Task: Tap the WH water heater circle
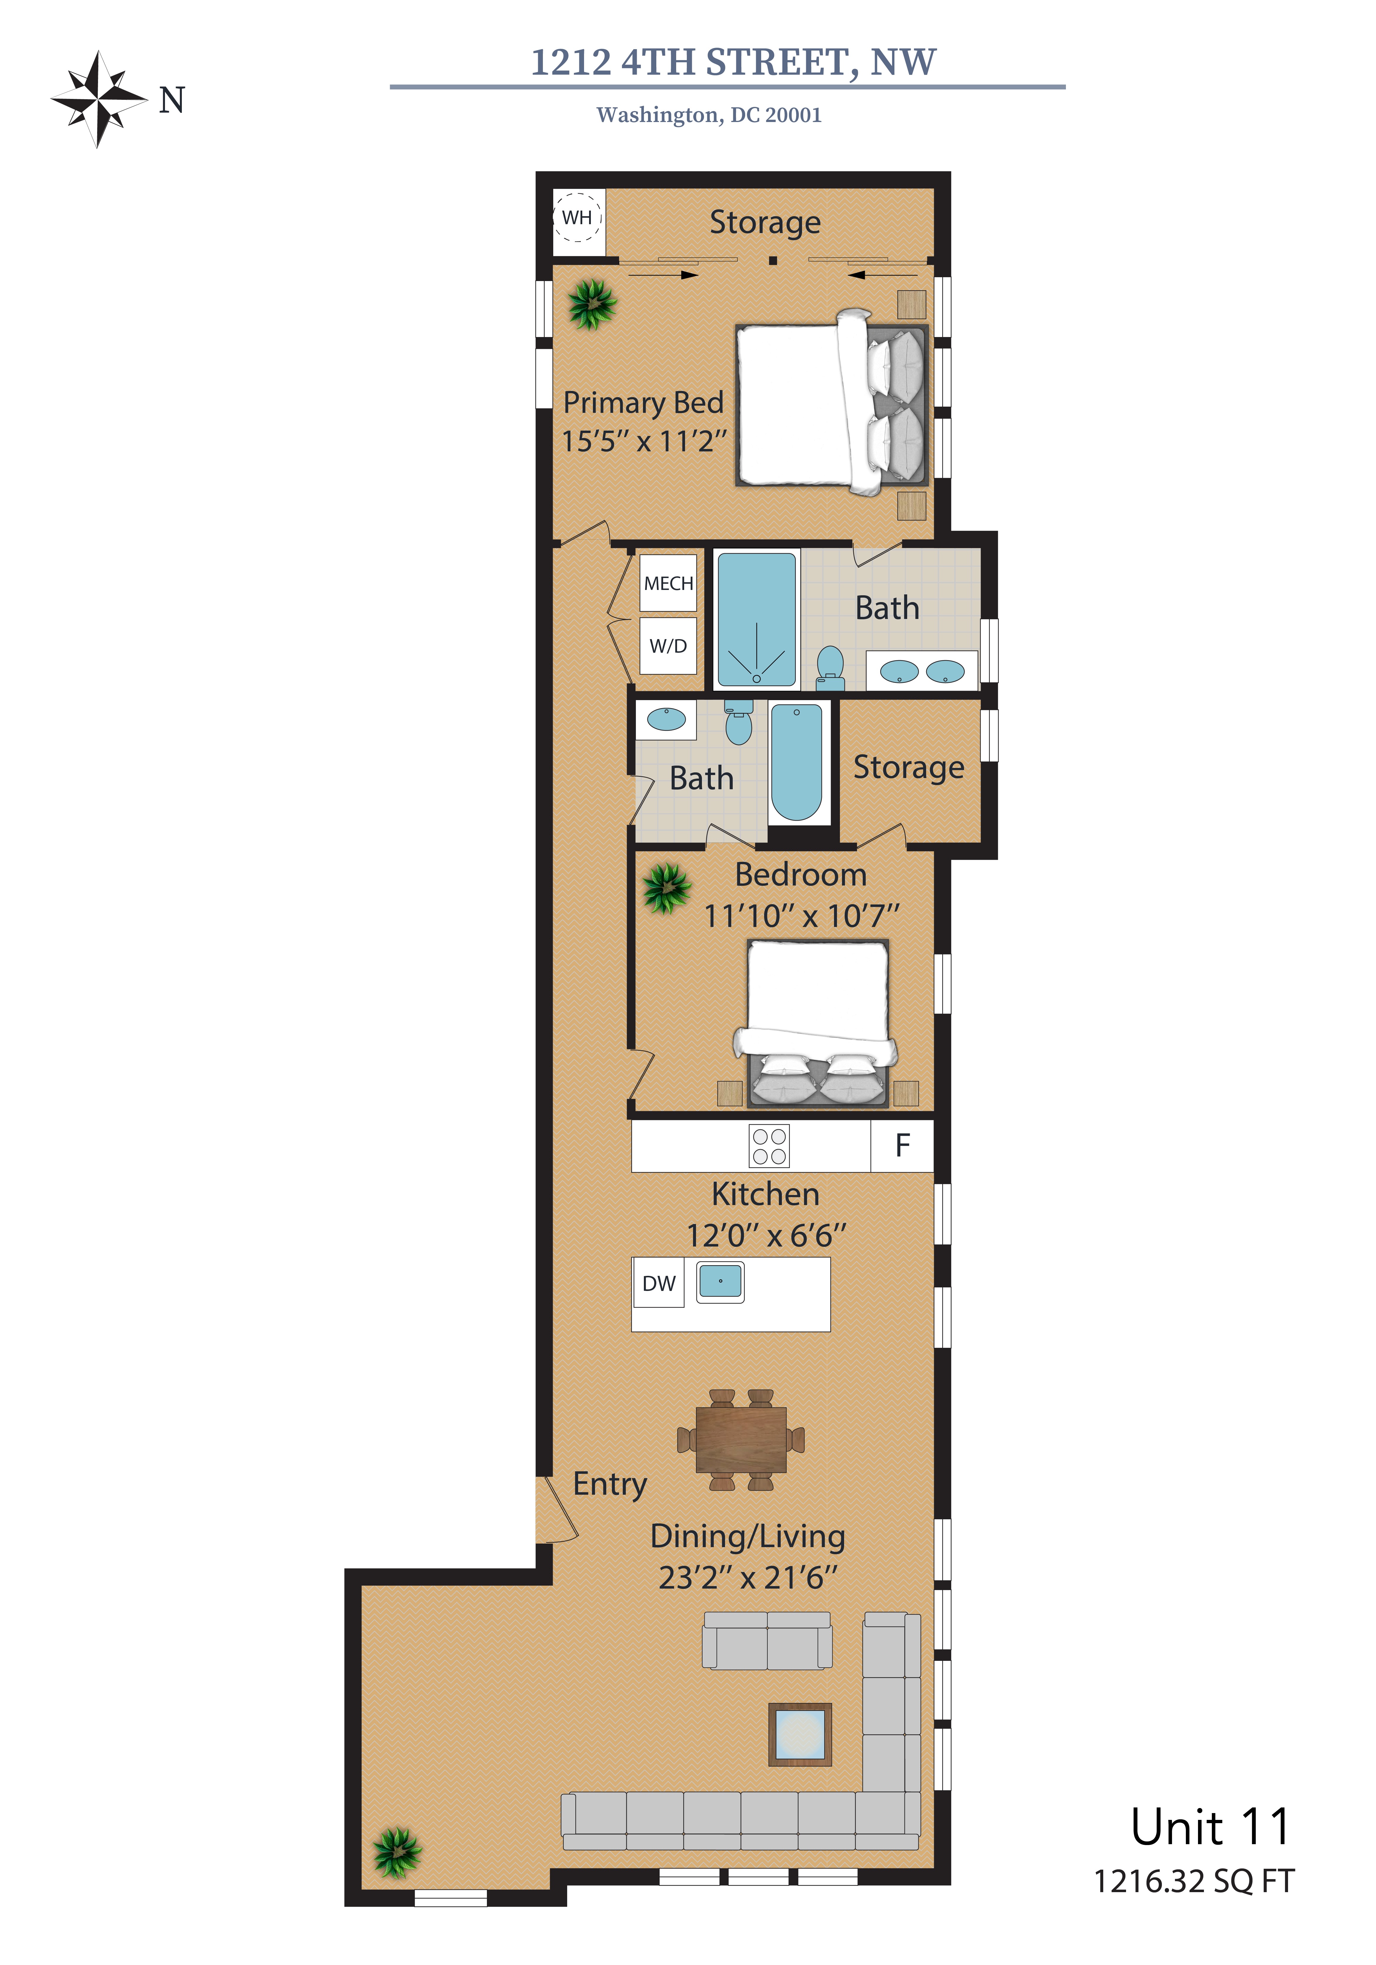coord(578,217)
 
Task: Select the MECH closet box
coord(668,583)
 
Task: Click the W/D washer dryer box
coord(668,645)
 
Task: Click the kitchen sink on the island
coord(721,1281)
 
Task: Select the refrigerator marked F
coord(902,1145)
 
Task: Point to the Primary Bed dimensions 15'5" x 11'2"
coord(644,441)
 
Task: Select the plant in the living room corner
coord(397,1852)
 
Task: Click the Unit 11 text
coord(1210,1827)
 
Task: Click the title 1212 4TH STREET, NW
coord(733,62)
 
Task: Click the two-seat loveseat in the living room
coord(767,1641)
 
